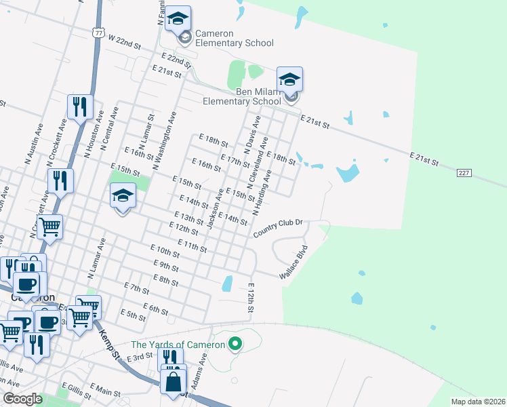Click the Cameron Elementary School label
[x=234, y=38]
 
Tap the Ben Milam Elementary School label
[x=242, y=96]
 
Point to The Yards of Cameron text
[x=178, y=345]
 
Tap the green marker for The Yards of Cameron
[x=235, y=344]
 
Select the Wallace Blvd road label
[x=294, y=261]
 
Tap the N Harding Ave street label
[x=262, y=193]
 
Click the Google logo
[x=23, y=399]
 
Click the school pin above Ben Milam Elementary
[x=289, y=81]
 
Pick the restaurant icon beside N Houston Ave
[x=80, y=108]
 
